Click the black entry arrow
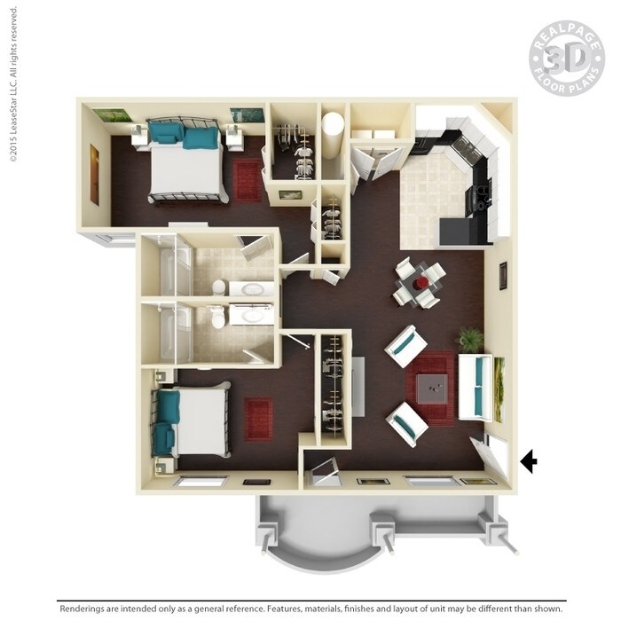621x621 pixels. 529,460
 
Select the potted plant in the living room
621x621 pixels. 470,339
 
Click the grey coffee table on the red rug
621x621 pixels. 432,383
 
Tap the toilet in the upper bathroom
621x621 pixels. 217,287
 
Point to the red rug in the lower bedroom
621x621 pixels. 258,419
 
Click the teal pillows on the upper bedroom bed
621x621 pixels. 184,135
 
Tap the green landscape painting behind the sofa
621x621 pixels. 499,388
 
